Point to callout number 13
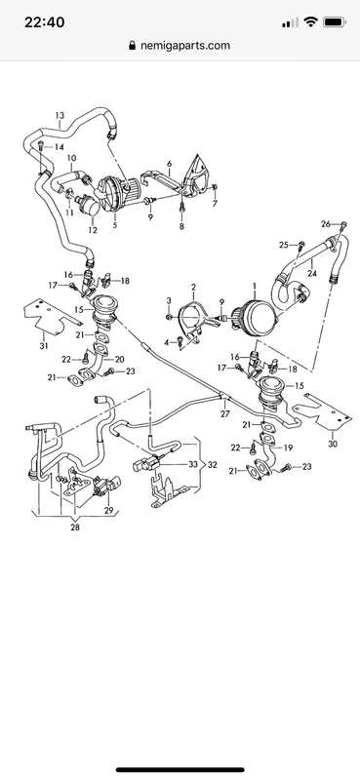60,116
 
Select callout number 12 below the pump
92,230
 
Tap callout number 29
109,511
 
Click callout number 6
168,165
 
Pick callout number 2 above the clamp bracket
193,288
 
